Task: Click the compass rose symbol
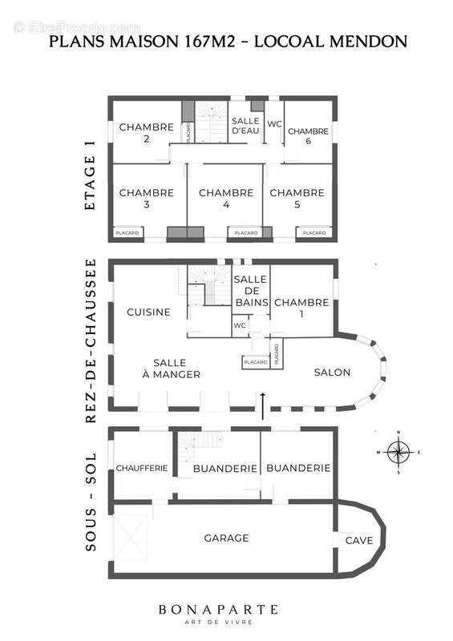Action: point(398,453)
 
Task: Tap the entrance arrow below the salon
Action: point(263,405)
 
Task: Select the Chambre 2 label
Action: point(147,132)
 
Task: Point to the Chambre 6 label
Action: point(308,136)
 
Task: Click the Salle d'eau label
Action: point(247,125)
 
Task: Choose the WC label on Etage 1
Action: point(273,124)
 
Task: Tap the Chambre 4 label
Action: point(226,199)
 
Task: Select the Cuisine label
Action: point(148,312)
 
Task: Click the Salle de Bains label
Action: point(250,291)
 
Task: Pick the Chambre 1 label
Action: point(301,308)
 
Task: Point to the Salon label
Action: point(331,373)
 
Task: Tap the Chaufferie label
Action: point(142,468)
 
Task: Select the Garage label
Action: point(226,538)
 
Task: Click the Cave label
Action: point(358,541)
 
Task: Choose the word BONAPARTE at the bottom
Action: point(229,610)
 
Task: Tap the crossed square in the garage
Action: point(132,537)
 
